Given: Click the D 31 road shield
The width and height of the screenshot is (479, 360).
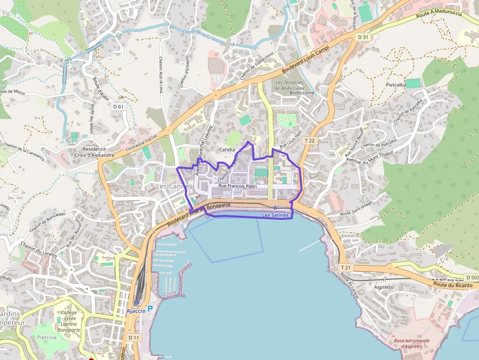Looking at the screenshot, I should click(x=362, y=37).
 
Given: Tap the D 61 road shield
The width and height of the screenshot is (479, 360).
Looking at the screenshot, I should click(x=118, y=106).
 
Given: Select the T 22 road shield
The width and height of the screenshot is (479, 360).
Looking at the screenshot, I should click(x=309, y=140).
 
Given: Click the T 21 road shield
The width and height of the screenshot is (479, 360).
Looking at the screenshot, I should click(x=346, y=267).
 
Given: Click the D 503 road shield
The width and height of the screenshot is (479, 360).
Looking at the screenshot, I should click(x=470, y=277).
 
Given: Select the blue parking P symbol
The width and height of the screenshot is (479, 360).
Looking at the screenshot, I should click(x=150, y=309).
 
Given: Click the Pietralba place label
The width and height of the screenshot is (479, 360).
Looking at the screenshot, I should click(x=396, y=85).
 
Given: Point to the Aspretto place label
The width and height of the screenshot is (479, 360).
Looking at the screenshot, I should click(x=383, y=287).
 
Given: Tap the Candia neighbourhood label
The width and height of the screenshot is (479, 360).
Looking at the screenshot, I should click(x=227, y=149).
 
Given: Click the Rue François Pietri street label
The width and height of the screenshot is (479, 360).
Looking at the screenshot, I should click(x=238, y=186).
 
